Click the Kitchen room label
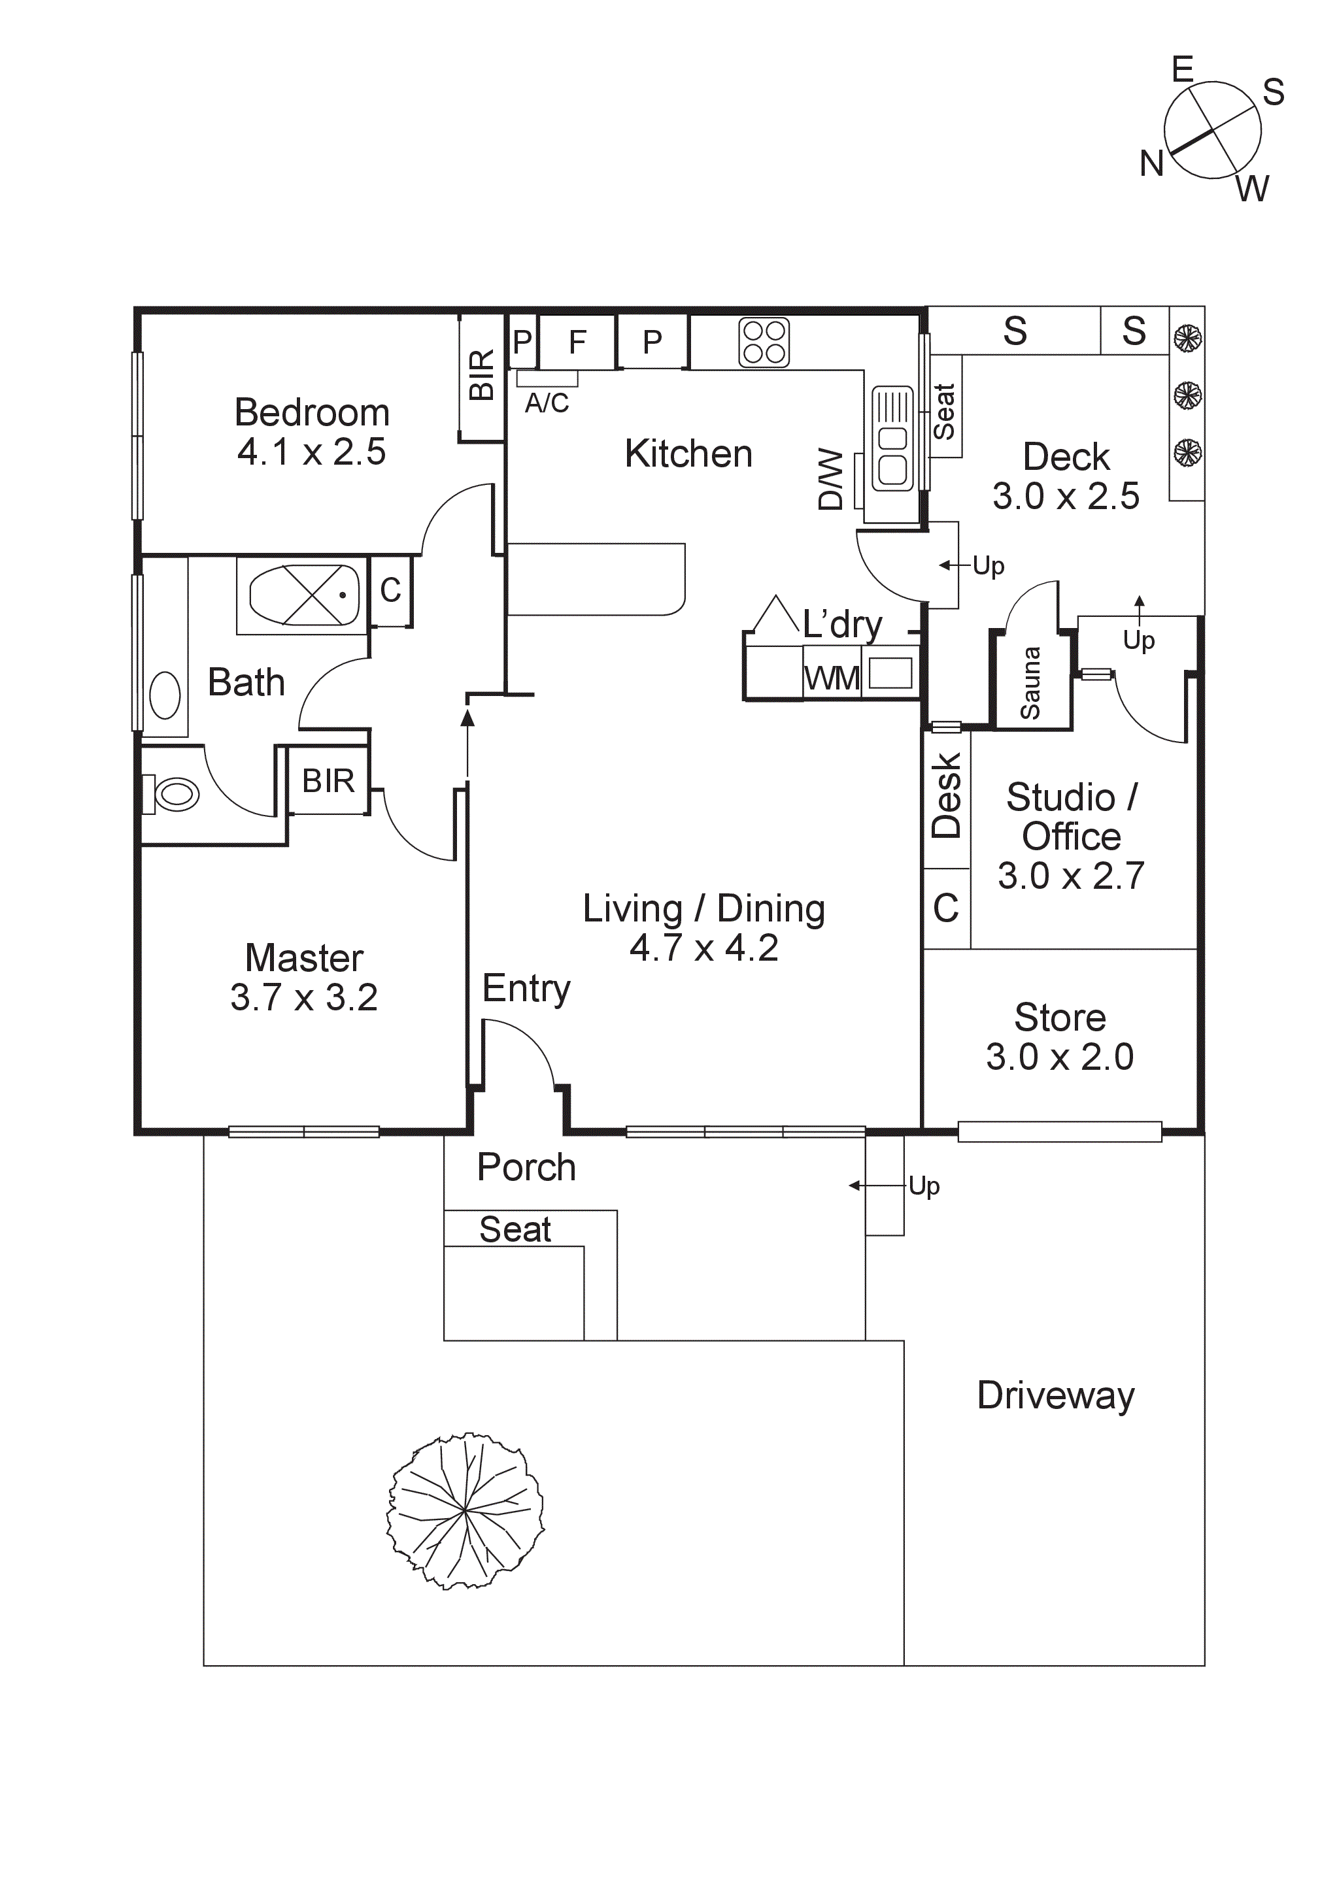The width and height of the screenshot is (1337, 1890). coord(688,454)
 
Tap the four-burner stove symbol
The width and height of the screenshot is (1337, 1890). coord(764,342)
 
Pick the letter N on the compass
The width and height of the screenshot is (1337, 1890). coord(1151,164)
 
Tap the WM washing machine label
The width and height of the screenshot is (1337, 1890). coord(832,679)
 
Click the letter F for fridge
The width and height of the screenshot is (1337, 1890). coord(577,342)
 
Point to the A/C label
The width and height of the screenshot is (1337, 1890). coord(547,403)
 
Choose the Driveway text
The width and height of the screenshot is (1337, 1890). coord(1055,1395)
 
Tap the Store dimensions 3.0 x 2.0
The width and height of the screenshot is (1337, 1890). coord(1060,1057)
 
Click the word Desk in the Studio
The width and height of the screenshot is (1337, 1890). coord(947,795)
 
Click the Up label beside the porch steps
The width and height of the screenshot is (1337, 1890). coord(924,1186)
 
